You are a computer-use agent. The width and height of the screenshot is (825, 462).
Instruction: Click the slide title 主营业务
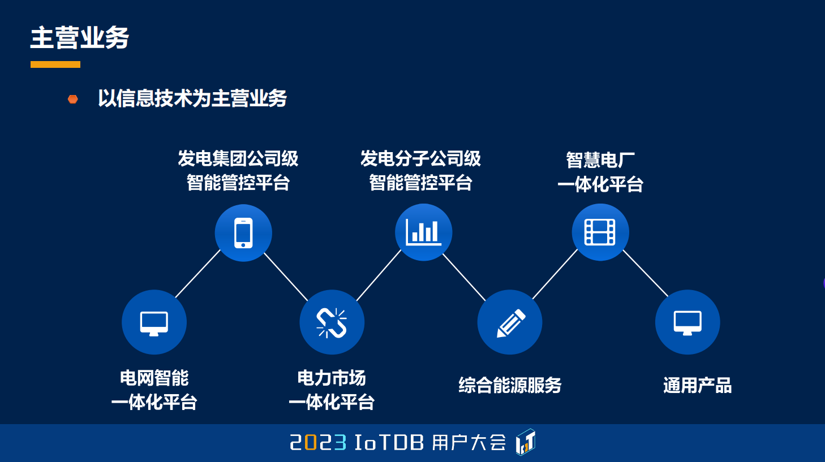80,38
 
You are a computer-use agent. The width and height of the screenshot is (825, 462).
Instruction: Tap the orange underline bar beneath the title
55,64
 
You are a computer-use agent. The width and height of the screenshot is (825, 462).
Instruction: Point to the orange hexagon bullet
72,100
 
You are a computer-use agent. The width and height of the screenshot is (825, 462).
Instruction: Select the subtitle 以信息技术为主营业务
192,98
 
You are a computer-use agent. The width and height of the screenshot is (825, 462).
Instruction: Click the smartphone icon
243,233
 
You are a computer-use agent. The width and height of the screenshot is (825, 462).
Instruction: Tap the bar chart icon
423,232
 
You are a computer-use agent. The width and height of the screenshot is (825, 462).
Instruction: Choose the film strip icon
600,232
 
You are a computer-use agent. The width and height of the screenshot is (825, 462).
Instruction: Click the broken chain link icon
332,322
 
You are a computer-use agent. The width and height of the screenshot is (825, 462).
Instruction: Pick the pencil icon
510,323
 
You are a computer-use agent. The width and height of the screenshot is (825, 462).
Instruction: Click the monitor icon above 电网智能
154,323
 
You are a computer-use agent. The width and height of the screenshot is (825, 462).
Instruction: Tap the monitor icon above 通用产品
687,323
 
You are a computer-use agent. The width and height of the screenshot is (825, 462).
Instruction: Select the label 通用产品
697,386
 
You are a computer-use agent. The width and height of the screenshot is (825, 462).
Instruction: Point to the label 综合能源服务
510,386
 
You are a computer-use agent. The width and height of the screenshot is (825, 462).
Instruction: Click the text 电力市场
332,378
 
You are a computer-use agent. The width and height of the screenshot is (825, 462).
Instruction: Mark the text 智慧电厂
600,160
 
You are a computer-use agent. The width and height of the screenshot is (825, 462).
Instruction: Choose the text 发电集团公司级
238,158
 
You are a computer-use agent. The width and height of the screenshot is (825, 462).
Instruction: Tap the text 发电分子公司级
420,158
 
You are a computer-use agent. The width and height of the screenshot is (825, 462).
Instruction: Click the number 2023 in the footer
318,442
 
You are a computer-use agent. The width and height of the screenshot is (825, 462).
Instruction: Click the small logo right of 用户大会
525,442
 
